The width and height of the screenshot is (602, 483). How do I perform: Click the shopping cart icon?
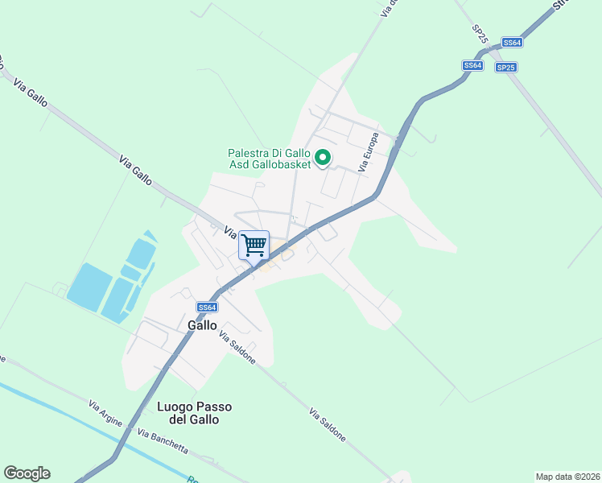[254, 244]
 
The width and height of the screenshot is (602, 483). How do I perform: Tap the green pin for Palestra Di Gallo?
[323, 157]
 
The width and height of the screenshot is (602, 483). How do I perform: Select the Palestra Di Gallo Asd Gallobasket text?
[268, 158]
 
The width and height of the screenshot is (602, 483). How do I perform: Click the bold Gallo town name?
[202, 325]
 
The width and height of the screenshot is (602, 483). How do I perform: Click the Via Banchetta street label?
[162, 442]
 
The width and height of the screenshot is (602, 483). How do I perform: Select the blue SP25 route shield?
[505, 68]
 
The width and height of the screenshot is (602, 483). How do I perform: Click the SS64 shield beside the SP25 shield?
[472, 65]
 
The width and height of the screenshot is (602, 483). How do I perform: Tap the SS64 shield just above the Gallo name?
[208, 308]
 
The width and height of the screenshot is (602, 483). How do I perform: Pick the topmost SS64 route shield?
[512, 42]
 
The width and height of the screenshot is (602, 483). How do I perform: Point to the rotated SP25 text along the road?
[479, 35]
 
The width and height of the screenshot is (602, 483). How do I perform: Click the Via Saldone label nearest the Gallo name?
[237, 348]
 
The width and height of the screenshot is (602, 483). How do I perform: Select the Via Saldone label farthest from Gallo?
[328, 424]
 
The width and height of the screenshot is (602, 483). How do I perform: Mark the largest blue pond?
[89, 285]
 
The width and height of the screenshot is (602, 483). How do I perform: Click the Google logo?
[27, 473]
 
